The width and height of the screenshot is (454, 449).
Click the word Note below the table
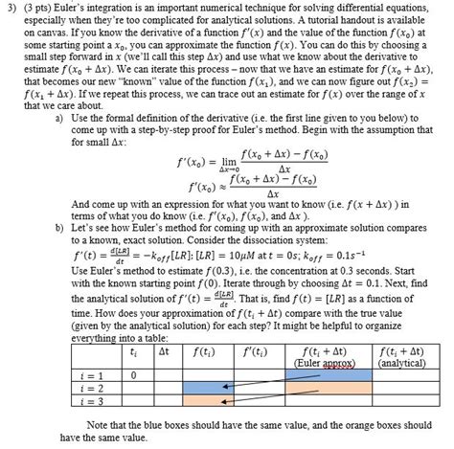(x=102, y=422)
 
